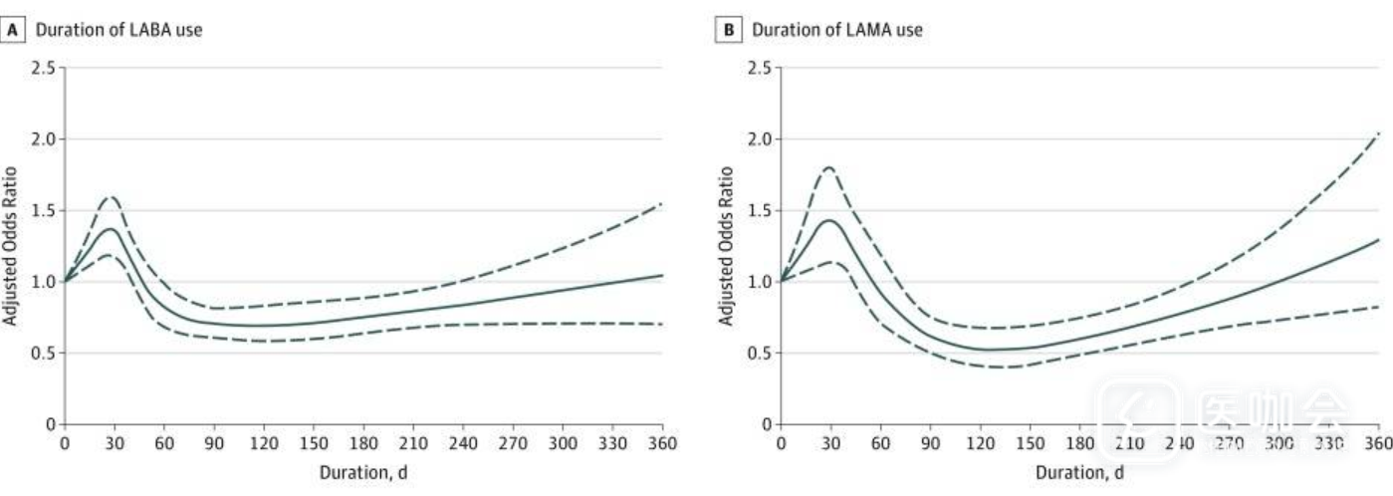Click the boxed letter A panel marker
click(x=14, y=30)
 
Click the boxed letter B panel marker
click(x=729, y=30)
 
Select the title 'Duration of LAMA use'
click(x=836, y=30)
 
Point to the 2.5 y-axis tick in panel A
click(x=44, y=69)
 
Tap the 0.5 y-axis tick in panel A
click(x=44, y=353)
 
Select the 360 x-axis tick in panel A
click(x=662, y=443)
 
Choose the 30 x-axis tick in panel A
click(x=115, y=443)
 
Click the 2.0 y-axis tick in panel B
click(x=760, y=139)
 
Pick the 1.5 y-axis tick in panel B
click(x=760, y=210)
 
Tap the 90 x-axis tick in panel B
click(x=930, y=443)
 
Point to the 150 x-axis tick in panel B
click(x=1030, y=443)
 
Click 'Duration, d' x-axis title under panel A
click(x=363, y=472)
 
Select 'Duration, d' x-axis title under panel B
click(x=1079, y=472)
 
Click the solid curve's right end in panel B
click(x=1379, y=239)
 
